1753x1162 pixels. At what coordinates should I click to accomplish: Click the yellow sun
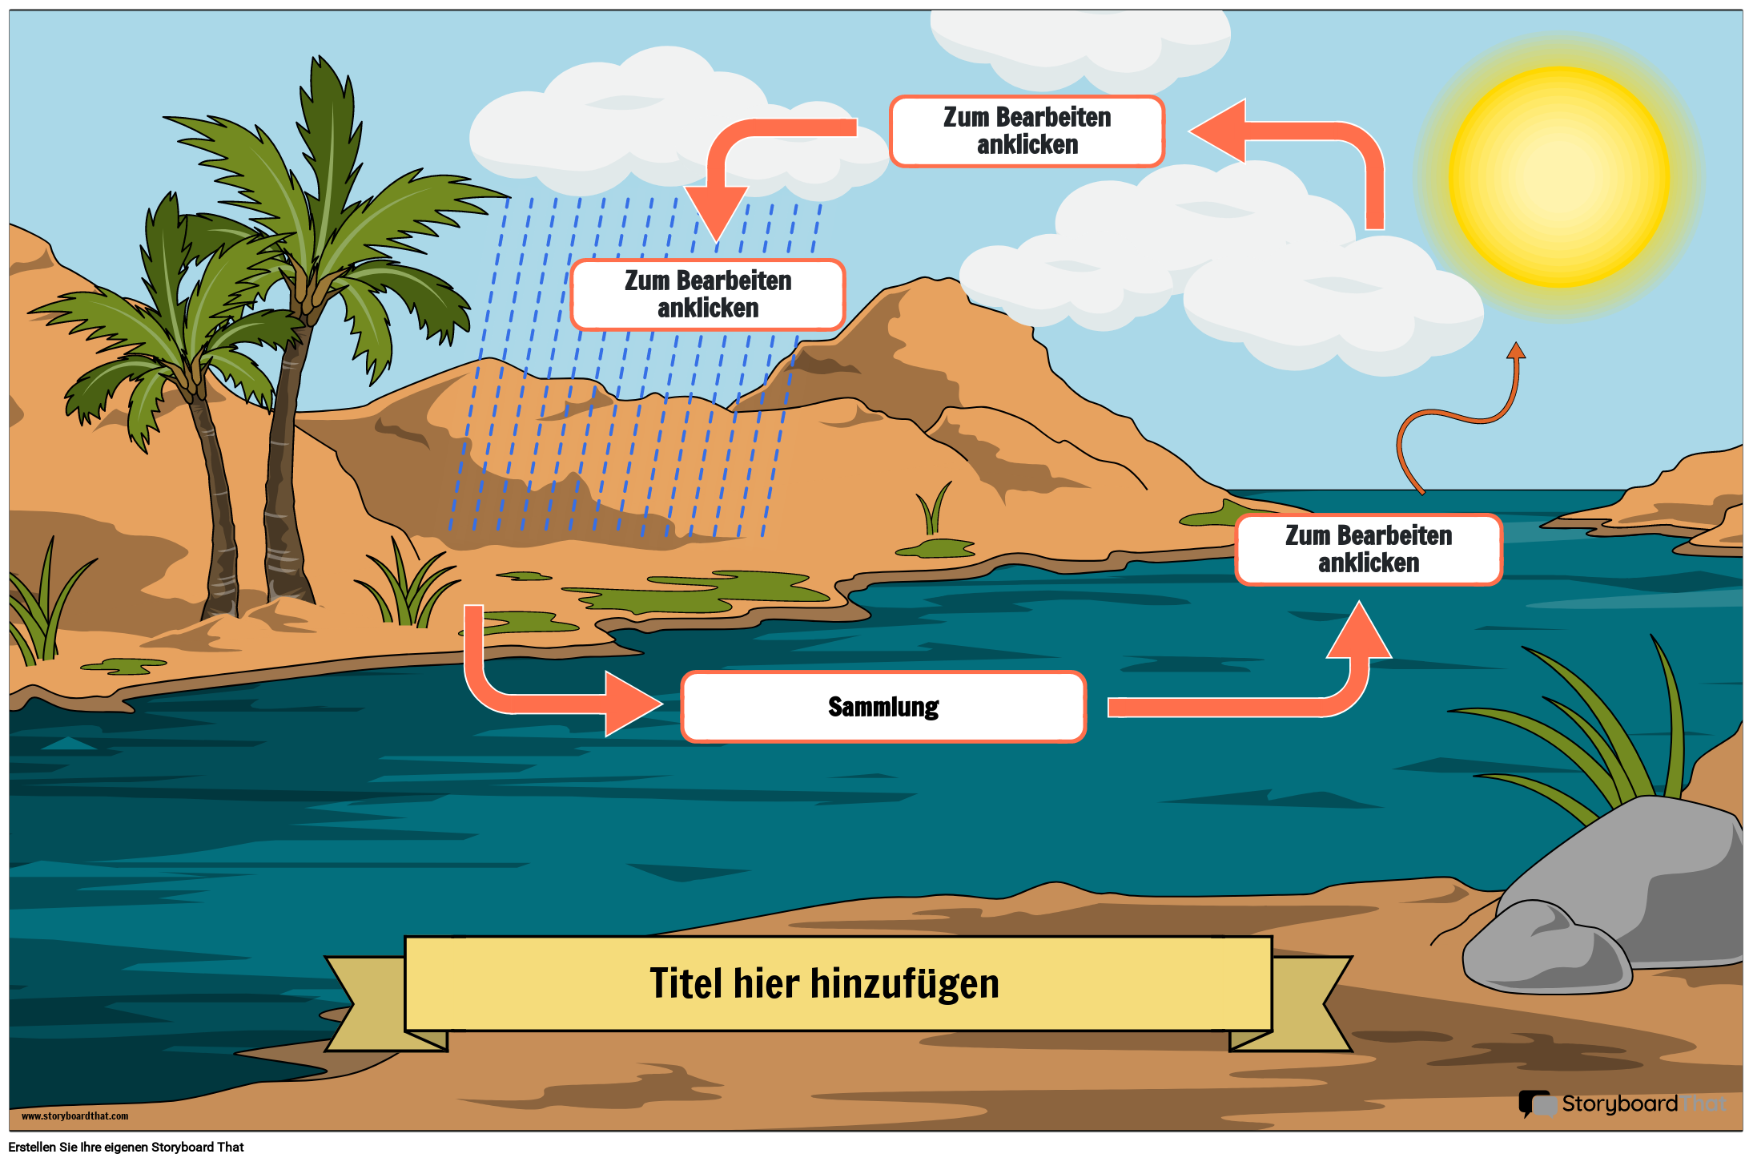click(1558, 176)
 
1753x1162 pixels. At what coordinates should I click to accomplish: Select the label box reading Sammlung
click(883, 707)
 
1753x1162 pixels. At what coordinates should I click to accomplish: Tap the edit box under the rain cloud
click(708, 294)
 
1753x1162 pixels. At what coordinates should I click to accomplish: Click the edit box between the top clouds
click(1027, 131)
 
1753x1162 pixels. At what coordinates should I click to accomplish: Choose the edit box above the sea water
click(1368, 550)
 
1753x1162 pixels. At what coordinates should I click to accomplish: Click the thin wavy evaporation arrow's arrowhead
click(1516, 350)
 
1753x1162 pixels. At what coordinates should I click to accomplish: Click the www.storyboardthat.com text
click(74, 1116)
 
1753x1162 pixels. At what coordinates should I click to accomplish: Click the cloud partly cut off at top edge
click(1081, 40)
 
